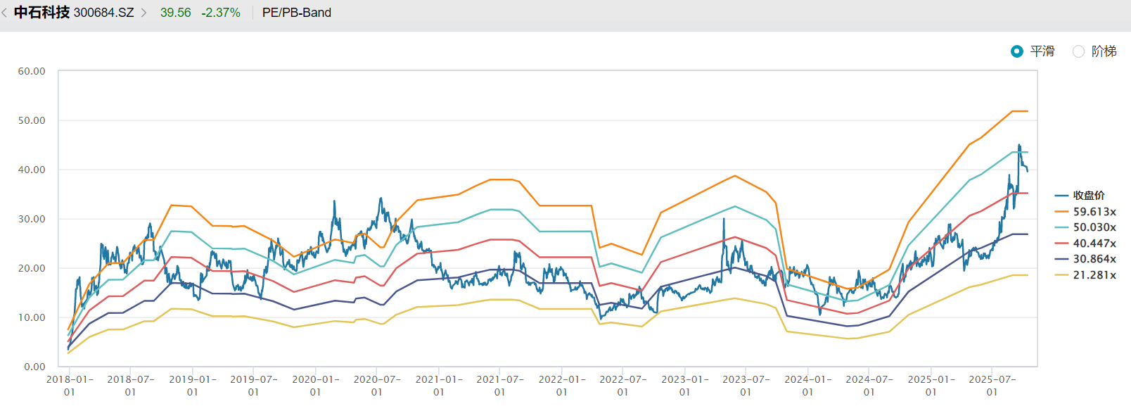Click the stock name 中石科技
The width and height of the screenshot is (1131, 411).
[x=41, y=13]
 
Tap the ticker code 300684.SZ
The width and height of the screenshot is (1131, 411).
[x=103, y=13]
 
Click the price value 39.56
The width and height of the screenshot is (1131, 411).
[x=175, y=13]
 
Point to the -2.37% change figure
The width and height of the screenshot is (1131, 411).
[x=221, y=13]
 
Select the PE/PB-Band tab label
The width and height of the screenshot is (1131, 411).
[x=296, y=13]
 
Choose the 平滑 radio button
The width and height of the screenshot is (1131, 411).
[x=1017, y=51]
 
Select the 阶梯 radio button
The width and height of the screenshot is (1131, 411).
[x=1078, y=51]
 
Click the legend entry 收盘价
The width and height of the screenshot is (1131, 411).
[x=1088, y=196]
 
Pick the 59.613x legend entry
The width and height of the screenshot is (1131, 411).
[x=1094, y=212]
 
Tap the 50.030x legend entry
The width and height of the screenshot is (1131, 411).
[x=1094, y=227]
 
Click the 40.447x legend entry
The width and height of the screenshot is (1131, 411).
[x=1094, y=244]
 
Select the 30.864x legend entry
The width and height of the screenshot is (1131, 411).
[x=1094, y=259]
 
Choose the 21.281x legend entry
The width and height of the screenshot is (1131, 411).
[x=1094, y=275]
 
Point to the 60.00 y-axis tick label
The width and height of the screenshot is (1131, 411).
[x=32, y=71]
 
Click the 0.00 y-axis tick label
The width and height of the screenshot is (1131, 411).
[x=34, y=367]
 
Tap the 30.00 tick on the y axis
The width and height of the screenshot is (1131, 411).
[x=32, y=219]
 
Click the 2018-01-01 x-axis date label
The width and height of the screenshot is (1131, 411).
[x=69, y=385]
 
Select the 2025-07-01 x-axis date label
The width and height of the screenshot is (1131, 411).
[x=992, y=385]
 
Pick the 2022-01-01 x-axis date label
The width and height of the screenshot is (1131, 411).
[x=561, y=385]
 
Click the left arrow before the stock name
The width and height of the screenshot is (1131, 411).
[x=5, y=13]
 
